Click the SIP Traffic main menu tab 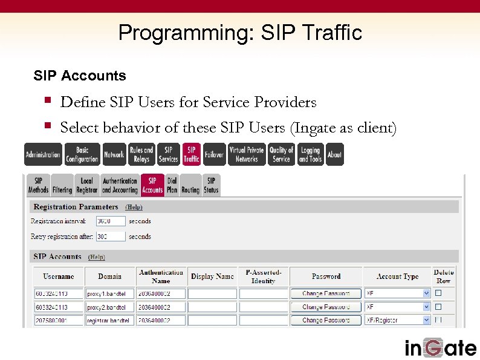(x=191, y=154)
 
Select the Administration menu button (x=43, y=154)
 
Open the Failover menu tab (x=213, y=154)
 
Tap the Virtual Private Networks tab (x=247, y=154)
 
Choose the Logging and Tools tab (x=310, y=154)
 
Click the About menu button (x=334, y=154)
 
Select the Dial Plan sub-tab (x=172, y=185)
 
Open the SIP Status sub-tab (x=211, y=185)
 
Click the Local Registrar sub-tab (x=86, y=185)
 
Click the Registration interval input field (x=111, y=221)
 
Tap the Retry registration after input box (x=111, y=237)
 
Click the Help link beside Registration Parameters (x=134, y=207)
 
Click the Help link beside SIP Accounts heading (x=96, y=257)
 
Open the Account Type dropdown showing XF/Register (x=397, y=320)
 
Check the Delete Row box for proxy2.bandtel (x=438, y=307)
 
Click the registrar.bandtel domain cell (x=109, y=320)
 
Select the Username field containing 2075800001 (x=58, y=320)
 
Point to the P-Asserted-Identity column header (x=263, y=277)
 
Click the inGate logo (x=440, y=347)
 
